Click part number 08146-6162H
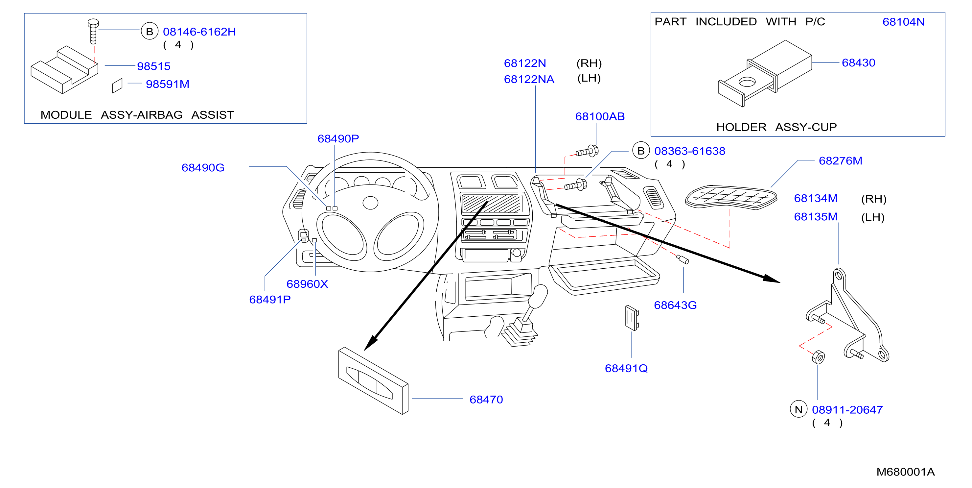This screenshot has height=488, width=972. [199, 32]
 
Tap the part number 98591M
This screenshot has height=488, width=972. [168, 84]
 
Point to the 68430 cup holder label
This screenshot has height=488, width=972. [858, 63]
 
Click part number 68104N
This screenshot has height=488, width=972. [903, 22]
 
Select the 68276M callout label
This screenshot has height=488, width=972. [840, 161]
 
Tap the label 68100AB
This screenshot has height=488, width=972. [600, 116]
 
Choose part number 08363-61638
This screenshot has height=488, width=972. [689, 151]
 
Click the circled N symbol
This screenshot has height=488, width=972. [798, 409]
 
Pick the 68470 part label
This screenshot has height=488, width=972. [486, 400]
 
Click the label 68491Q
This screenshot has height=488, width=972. [626, 368]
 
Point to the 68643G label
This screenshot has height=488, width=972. [675, 305]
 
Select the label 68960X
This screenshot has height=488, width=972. [307, 284]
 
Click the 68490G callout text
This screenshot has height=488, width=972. [203, 168]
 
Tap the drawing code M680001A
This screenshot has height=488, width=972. [905, 472]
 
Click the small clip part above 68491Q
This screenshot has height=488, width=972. [632, 318]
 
